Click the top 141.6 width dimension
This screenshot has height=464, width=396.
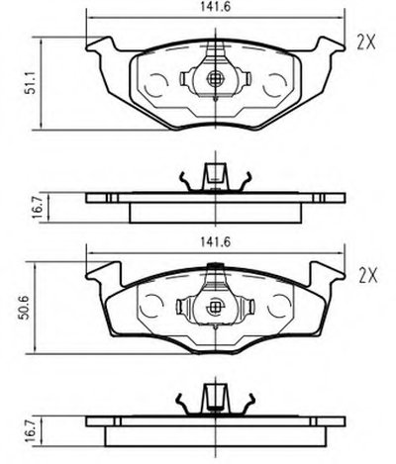[x=215, y=7]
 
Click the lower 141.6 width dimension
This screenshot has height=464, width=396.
[x=215, y=242]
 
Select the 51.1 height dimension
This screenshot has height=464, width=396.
[x=31, y=84]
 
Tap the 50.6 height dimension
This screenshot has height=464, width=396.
[x=25, y=308]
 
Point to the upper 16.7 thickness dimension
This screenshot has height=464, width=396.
[x=39, y=208]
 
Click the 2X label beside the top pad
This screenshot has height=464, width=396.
[x=366, y=43]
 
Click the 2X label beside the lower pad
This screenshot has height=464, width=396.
[x=367, y=276]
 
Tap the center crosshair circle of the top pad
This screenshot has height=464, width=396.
[x=215, y=78]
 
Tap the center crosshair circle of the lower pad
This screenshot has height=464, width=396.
[x=215, y=308]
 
